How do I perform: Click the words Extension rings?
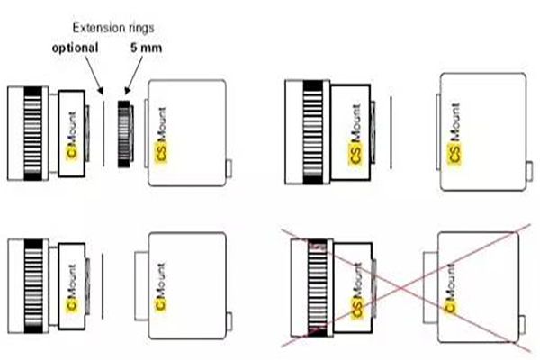(113, 28)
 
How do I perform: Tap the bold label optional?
(75, 48)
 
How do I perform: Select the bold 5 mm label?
(146, 48)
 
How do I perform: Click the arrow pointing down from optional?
(94, 75)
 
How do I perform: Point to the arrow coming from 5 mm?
(134, 75)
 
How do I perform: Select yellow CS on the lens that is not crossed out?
(355, 154)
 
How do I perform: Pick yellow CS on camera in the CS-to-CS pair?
(454, 154)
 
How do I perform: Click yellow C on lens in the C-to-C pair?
(72, 303)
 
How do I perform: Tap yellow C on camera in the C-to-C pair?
(161, 302)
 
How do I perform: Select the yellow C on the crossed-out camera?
(451, 306)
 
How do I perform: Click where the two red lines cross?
(401, 288)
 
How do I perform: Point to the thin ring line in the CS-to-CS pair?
(391, 132)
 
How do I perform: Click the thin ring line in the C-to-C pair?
(103, 286)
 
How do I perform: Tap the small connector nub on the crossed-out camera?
(522, 324)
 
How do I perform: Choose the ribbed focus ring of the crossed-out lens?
(317, 288)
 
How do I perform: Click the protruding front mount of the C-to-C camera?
(141, 286)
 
